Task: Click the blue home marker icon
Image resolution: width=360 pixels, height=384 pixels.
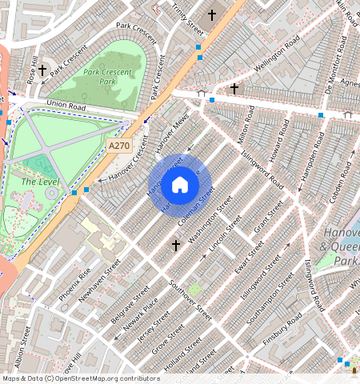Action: (180, 186)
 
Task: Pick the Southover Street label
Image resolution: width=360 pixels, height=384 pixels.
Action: (193, 300)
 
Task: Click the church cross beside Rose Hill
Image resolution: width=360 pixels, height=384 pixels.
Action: (42, 70)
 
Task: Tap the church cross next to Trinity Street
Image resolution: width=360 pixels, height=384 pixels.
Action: (212, 14)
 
